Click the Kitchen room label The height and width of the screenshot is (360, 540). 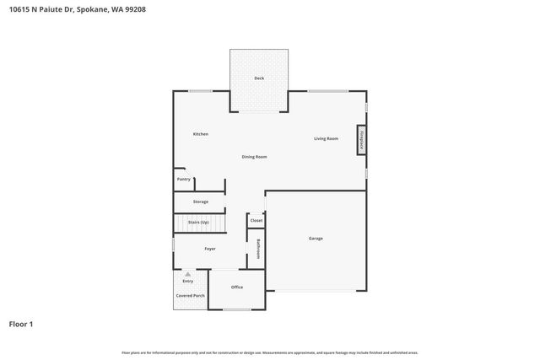200,134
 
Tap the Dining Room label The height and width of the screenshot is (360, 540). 254,157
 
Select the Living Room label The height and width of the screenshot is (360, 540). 326,138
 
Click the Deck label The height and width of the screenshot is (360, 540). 260,78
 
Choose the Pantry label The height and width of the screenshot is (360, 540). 183,179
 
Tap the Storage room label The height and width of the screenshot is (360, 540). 200,201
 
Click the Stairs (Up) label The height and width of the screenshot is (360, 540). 198,222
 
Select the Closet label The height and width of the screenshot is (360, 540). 256,220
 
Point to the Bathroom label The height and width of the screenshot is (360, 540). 258,250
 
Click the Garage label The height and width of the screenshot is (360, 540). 315,239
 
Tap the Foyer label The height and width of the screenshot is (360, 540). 210,249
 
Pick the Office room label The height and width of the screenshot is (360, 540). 237,287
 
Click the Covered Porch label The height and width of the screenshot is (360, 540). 190,296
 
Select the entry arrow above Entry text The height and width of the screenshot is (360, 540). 188,274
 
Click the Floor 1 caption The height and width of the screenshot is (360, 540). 21,324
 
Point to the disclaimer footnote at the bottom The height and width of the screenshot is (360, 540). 269,352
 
